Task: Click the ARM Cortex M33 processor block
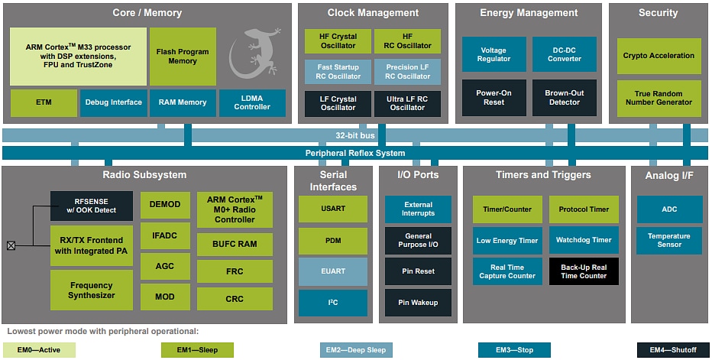78,57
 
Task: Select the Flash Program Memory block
183,57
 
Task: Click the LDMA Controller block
252,102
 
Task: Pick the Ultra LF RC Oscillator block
407,103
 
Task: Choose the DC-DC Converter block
564,54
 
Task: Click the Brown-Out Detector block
564,98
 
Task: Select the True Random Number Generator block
659,98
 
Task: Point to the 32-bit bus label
355,135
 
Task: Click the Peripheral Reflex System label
355,153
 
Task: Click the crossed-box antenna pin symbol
11,245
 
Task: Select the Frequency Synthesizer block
91,290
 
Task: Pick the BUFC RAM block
235,244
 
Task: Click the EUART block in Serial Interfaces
332,271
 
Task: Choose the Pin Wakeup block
418,303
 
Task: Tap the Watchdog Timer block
584,240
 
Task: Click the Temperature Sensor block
668,241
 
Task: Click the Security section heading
658,13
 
